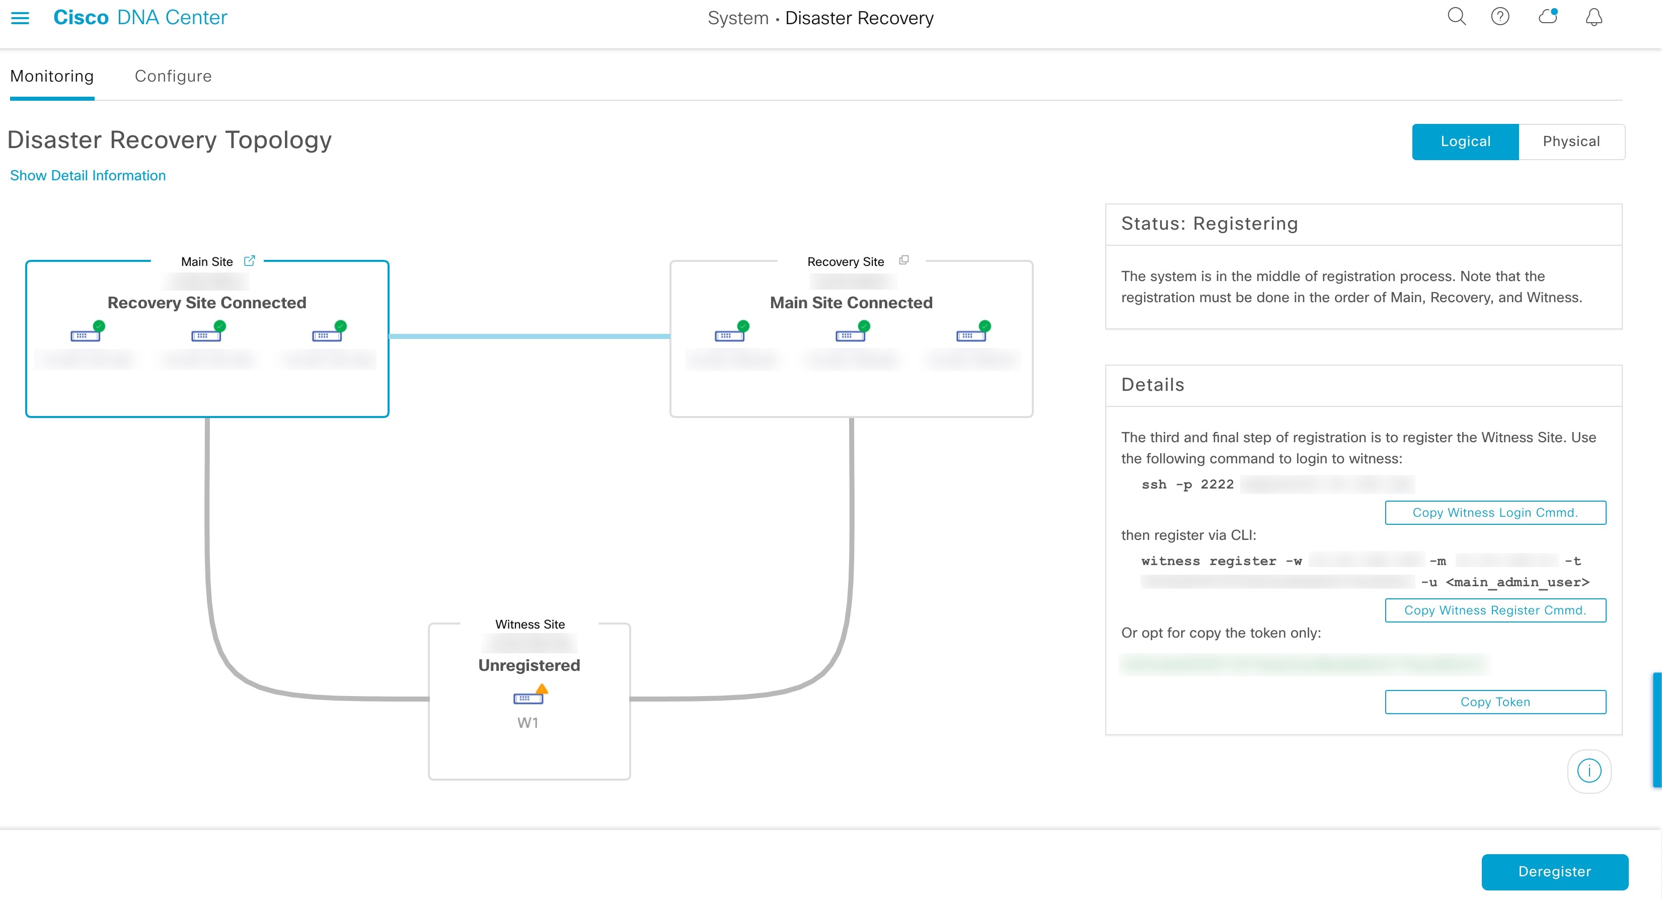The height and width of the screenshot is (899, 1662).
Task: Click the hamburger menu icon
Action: click(x=20, y=18)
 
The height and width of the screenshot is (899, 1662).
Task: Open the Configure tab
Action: click(x=173, y=76)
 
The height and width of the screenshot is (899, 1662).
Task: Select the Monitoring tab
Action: click(x=52, y=76)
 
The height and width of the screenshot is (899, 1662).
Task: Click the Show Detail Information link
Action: click(x=88, y=176)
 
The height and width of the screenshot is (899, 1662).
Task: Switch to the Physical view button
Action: click(x=1571, y=142)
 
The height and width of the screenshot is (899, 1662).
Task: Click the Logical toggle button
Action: click(x=1465, y=142)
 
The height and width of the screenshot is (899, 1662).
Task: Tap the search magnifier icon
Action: click(x=1456, y=17)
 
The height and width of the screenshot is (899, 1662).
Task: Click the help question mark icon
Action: click(x=1500, y=17)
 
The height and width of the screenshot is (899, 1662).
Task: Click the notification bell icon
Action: click(x=1594, y=17)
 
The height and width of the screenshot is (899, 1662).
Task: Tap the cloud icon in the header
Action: click(x=1547, y=17)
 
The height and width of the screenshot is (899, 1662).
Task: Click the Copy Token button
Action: click(x=1495, y=702)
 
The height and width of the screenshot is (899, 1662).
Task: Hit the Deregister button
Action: click(x=1554, y=871)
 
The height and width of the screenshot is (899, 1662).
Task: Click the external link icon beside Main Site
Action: click(x=250, y=261)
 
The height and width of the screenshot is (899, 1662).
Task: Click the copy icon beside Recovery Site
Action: click(x=904, y=260)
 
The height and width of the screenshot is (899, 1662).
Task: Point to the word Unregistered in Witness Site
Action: click(x=529, y=665)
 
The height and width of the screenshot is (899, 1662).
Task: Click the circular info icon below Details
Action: click(x=1589, y=771)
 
